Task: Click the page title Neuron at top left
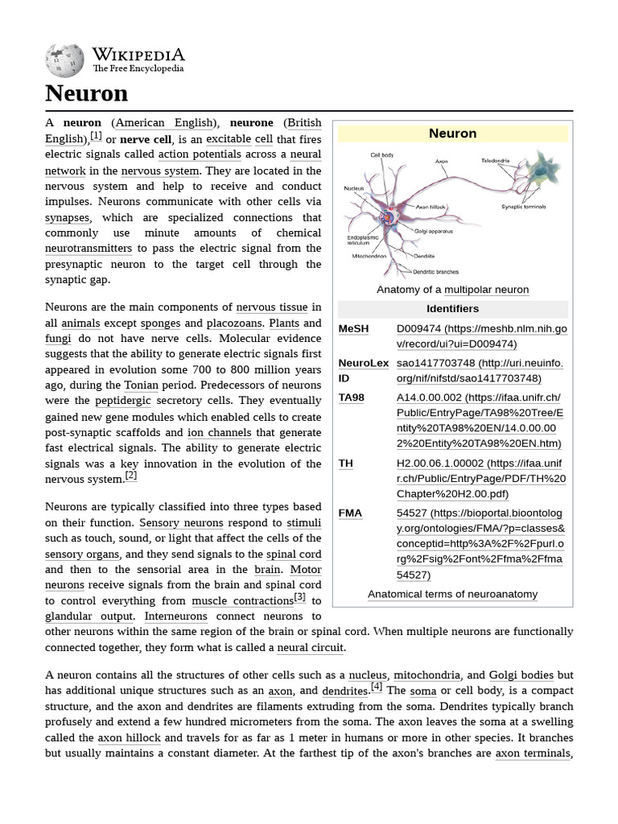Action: point(86,93)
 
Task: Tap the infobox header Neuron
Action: point(452,134)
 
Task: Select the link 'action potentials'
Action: point(200,154)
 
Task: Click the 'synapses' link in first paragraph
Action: point(68,217)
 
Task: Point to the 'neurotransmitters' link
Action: point(89,249)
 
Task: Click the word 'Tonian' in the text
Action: point(141,385)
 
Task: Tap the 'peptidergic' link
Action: point(123,401)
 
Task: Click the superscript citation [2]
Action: point(131,476)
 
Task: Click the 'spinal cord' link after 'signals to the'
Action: point(294,554)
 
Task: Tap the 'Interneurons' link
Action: point(175,616)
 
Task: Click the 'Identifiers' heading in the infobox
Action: point(452,309)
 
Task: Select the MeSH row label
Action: point(353,329)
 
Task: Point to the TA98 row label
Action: point(352,398)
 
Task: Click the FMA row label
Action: point(350,513)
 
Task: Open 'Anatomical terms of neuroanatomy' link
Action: point(452,594)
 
